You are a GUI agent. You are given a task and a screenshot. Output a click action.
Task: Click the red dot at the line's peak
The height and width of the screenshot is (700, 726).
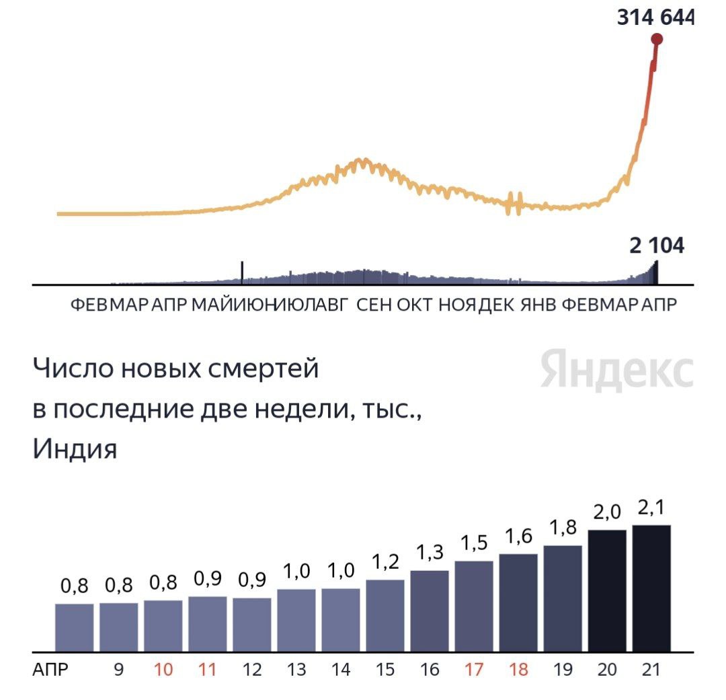click(x=657, y=39)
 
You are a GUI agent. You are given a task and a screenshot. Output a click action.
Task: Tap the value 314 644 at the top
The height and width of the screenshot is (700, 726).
click(x=655, y=16)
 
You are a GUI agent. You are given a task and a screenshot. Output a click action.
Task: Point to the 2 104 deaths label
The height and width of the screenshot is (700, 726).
click(x=657, y=246)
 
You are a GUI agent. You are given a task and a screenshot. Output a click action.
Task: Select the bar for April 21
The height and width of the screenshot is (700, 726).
click(x=651, y=588)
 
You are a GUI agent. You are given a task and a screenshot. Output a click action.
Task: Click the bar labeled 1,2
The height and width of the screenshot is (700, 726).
click(x=385, y=615)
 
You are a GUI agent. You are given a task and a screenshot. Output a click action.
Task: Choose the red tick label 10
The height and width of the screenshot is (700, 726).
click(x=163, y=670)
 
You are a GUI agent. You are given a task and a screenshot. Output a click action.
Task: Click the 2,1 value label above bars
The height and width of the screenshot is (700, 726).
click(x=651, y=508)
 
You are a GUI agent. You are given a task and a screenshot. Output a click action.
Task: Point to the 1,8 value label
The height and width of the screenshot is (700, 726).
click(x=563, y=528)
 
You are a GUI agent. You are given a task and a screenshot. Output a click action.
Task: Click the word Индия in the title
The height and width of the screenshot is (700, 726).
click(x=75, y=449)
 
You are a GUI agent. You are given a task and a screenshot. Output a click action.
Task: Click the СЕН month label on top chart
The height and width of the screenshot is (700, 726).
click(x=374, y=305)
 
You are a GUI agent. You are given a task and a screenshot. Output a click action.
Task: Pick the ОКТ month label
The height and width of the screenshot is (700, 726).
click(x=415, y=305)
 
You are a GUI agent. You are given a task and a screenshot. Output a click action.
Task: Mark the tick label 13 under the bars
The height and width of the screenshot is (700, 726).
click(x=296, y=670)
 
